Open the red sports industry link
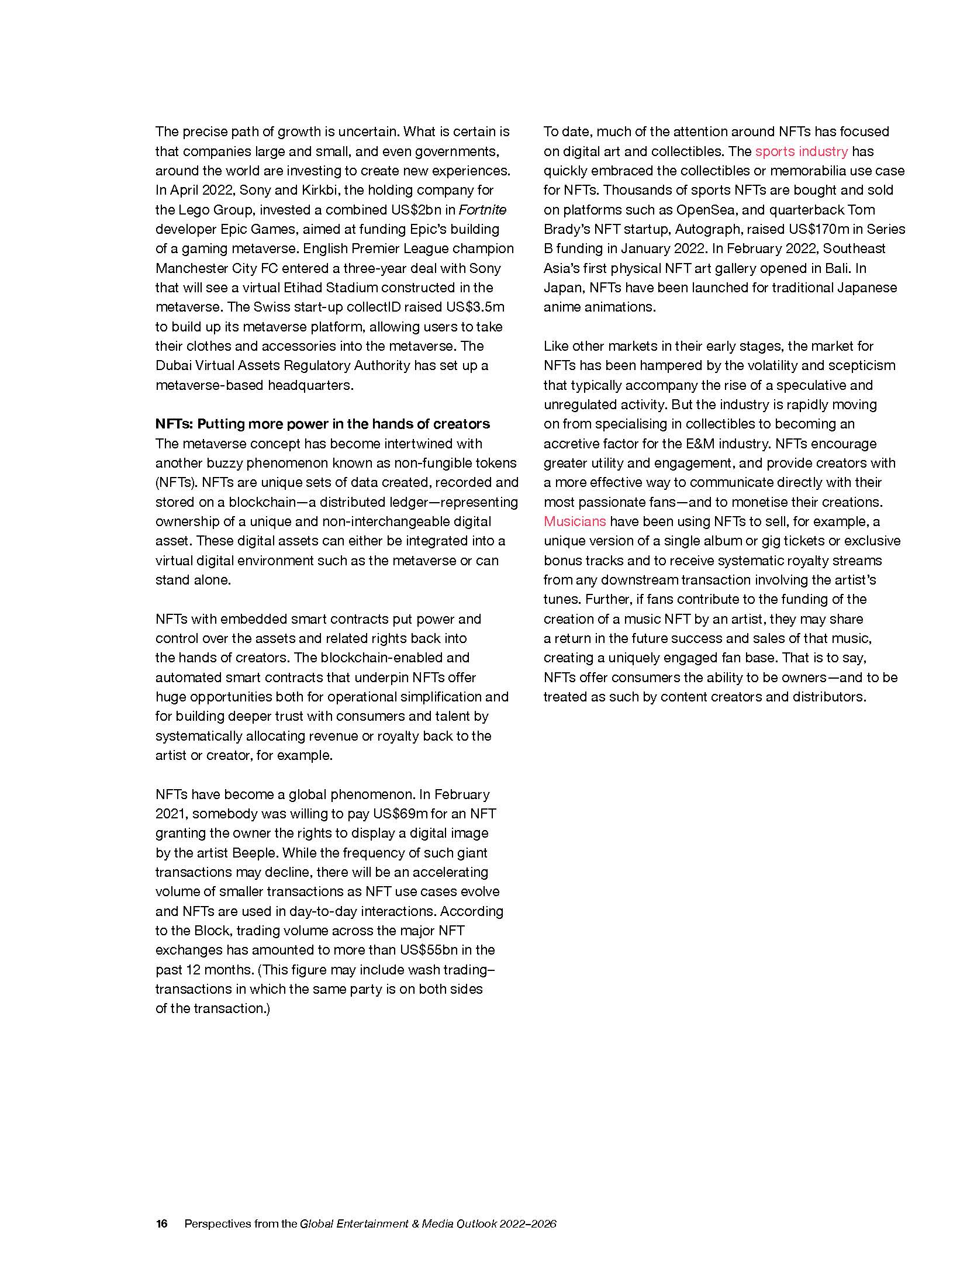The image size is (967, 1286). [801, 151]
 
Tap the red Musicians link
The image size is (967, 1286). [575, 521]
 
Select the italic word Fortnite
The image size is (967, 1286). [483, 210]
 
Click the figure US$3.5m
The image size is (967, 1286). [475, 307]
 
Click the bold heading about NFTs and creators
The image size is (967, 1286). [322, 424]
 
